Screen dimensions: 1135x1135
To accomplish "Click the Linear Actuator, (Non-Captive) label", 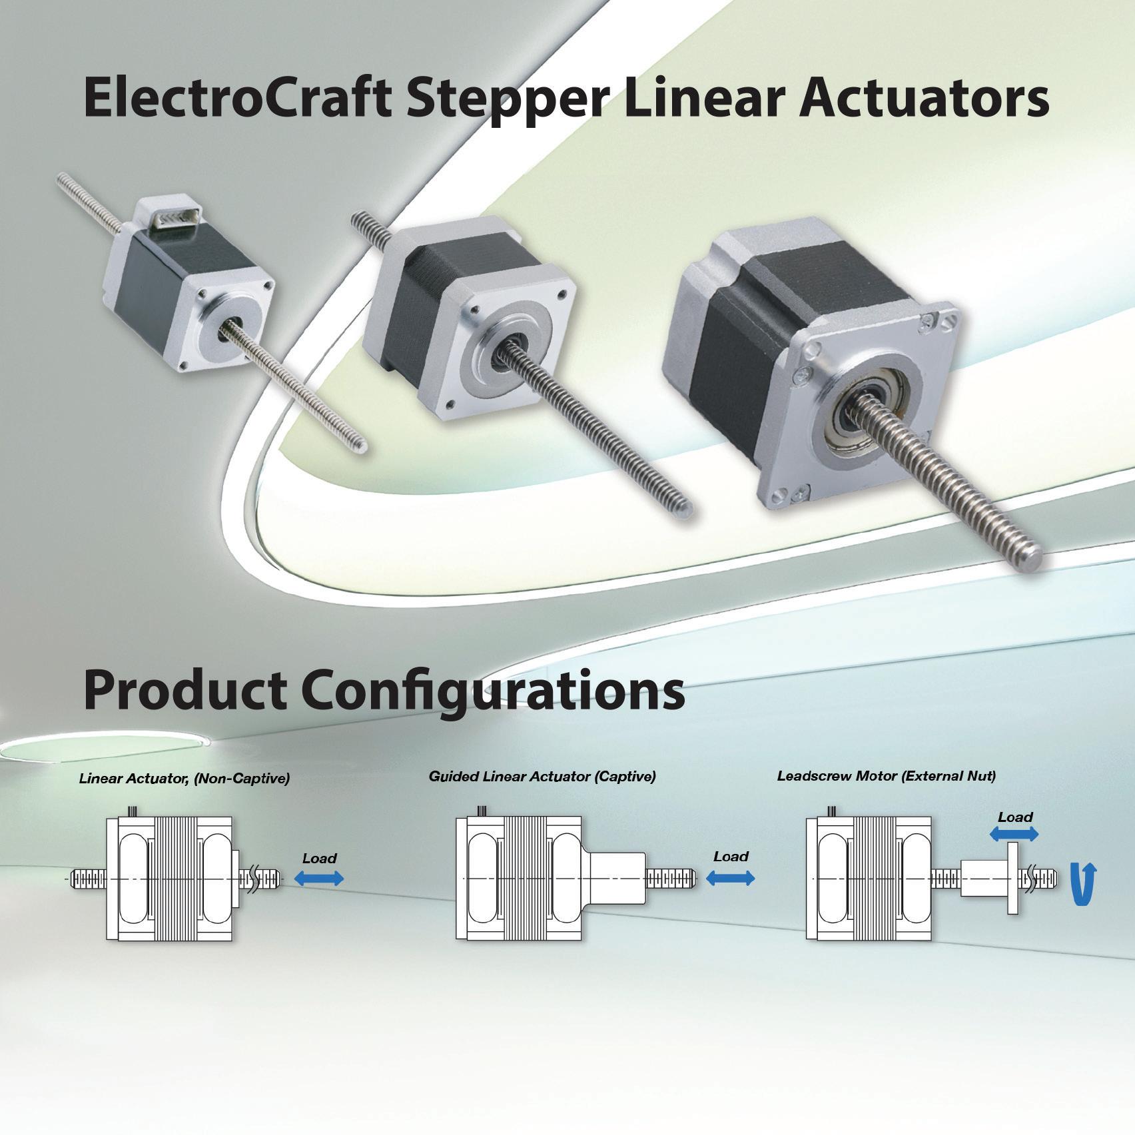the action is (185, 778).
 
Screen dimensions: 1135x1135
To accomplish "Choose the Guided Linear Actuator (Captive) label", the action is (542, 776).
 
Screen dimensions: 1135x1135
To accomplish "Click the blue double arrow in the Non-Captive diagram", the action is (319, 879).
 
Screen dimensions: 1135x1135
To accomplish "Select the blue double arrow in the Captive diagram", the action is (731, 879).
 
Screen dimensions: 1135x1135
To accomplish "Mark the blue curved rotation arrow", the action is (1081, 885).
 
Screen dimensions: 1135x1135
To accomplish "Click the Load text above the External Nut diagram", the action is (1015, 817).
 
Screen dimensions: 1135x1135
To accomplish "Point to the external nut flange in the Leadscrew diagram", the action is (1012, 878).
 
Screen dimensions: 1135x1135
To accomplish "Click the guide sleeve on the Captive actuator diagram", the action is (616, 878).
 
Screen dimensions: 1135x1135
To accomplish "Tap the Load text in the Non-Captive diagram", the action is (319, 858).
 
